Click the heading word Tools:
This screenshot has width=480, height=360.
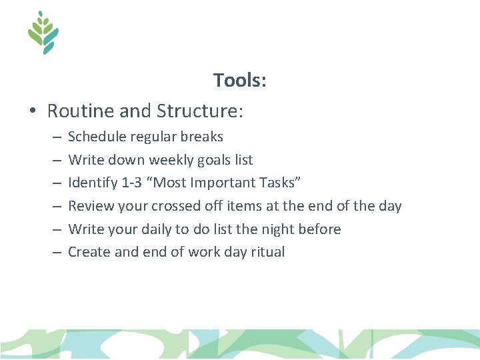click(x=240, y=81)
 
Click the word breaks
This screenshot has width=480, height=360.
click(x=203, y=137)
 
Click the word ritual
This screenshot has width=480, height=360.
click(x=267, y=252)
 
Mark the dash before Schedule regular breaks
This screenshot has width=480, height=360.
click(x=55, y=137)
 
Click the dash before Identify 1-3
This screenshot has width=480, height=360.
click(x=55, y=183)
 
